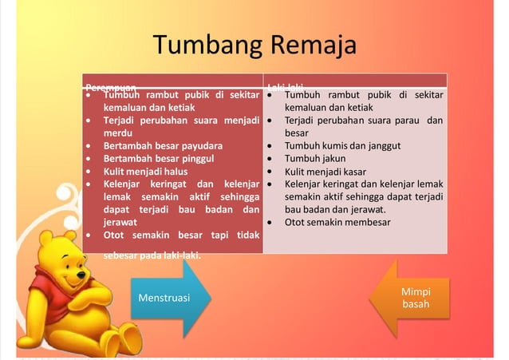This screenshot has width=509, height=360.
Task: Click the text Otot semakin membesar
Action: point(337,222)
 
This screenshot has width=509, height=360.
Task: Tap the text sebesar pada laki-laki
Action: point(152,255)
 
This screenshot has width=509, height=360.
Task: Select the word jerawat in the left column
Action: point(120,222)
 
